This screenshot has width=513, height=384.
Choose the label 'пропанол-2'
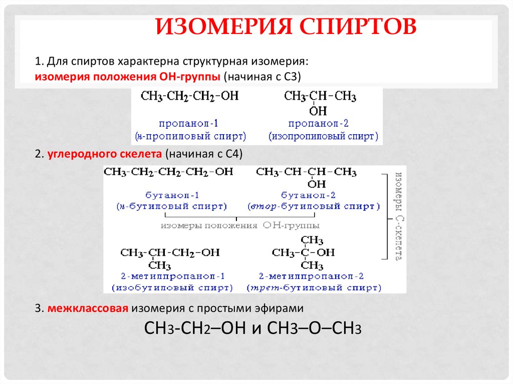[319, 123]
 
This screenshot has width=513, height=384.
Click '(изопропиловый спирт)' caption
[323, 136]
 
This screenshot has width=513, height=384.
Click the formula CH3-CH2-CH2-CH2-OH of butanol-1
[168, 172]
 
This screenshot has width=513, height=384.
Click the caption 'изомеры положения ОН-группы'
[239, 225]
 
